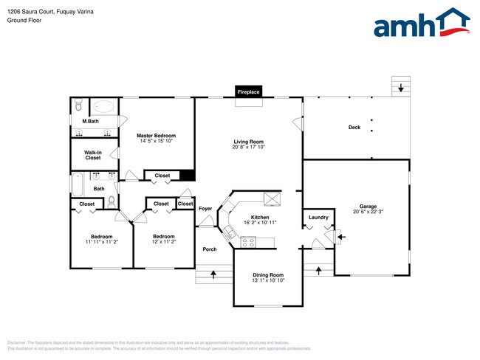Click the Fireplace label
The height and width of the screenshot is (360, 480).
click(x=248, y=92)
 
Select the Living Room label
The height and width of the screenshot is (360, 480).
click(x=249, y=142)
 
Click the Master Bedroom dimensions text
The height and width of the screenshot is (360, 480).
click(x=156, y=141)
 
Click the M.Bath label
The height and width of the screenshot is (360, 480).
click(x=91, y=121)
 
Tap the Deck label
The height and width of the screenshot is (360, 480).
click(x=354, y=128)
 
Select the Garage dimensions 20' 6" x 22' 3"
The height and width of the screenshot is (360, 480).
click(x=368, y=212)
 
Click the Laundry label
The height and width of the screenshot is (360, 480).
click(x=318, y=217)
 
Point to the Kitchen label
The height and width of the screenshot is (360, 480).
click(x=260, y=217)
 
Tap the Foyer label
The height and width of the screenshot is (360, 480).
click(x=205, y=209)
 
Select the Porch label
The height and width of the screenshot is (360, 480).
click(x=210, y=249)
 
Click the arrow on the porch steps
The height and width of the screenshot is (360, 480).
click(x=213, y=275)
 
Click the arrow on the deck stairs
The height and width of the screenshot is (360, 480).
click(x=401, y=89)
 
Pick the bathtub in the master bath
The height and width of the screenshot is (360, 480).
click(x=106, y=107)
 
